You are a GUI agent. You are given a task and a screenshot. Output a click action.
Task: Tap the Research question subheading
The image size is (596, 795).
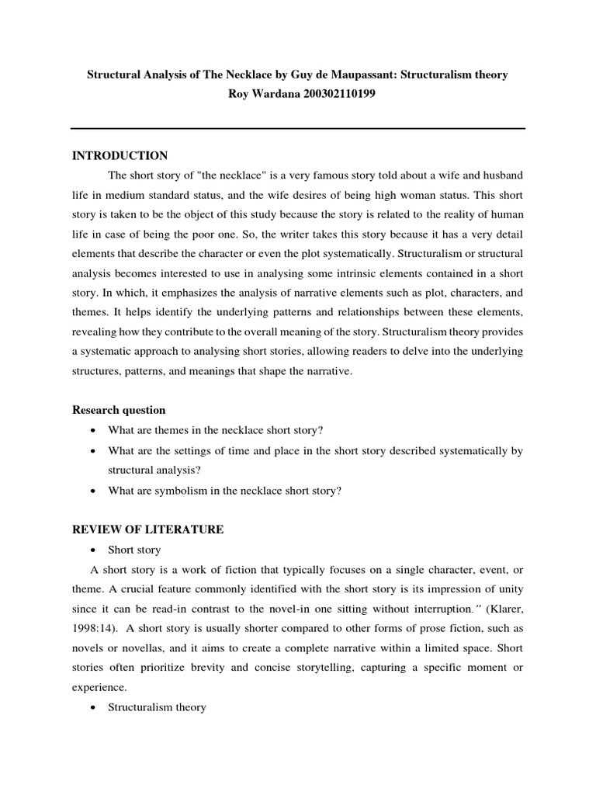pyautogui.click(x=119, y=410)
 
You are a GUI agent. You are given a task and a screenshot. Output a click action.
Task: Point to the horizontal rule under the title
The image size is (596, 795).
pyautogui.click(x=298, y=128)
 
